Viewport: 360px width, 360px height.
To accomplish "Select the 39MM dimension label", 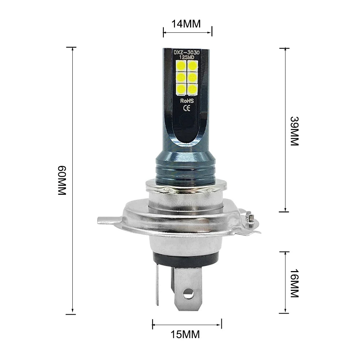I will pos(294,131).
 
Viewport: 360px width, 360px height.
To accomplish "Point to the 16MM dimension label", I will pos(294,283).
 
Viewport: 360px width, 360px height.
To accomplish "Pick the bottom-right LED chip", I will pos(193,88).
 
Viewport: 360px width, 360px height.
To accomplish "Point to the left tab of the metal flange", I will pos(105,220).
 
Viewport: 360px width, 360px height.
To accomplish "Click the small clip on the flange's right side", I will pos(250,219).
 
